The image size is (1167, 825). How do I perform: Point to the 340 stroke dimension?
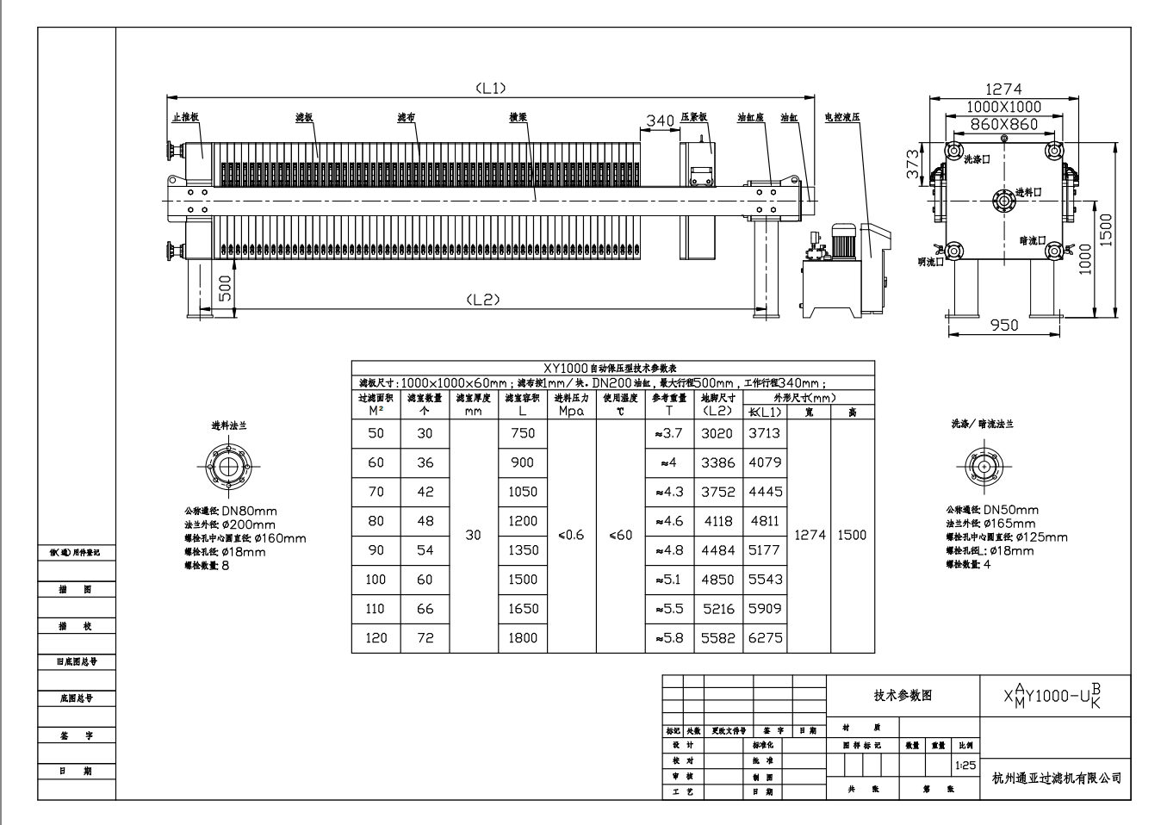click(660, 121)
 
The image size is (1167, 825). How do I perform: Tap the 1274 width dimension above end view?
click(1003, 89)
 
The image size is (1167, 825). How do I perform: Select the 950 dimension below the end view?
click(1003, 325)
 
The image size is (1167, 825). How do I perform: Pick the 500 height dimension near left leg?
click(224, 289)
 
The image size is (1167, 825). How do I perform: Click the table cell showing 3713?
click(764, 433)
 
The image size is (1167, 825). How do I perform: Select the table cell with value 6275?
click(765, 638)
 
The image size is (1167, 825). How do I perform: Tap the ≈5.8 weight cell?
click(669, 638)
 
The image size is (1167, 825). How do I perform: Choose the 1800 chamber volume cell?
click(523, 638)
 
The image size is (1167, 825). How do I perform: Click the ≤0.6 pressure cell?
click(571, 535)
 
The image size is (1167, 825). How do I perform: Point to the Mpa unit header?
click(571, 412)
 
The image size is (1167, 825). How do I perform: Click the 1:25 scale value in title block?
click(966, 765)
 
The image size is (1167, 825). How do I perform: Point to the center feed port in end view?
click(1002, 200)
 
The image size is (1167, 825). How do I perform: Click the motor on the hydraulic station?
click(842, 241)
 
